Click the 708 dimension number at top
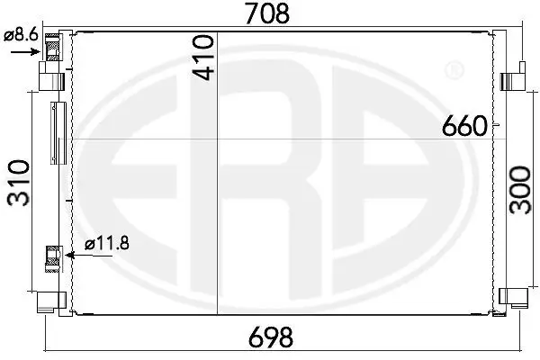coord(267,13)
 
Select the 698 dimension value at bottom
coord(271,337)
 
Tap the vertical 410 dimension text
coord(203,58)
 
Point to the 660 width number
coord(464,126)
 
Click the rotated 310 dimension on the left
coord(19,183)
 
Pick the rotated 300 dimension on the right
coord(520,190)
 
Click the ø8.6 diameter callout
coord(21,35)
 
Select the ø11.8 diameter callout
coord(107,244)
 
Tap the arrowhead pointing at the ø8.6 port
coord(36,51)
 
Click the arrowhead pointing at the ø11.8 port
coord(70,256)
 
